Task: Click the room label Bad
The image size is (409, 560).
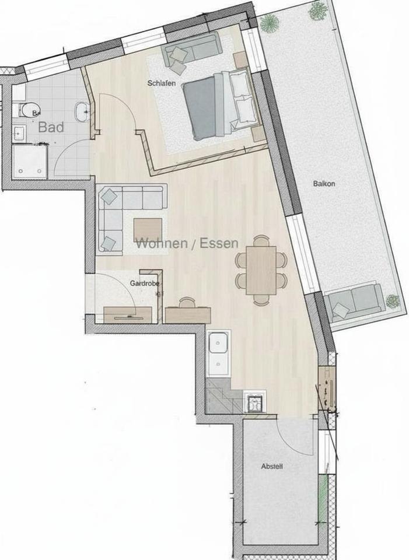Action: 51,127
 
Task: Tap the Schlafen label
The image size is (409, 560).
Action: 162,83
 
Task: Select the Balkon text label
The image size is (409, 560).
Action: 323,183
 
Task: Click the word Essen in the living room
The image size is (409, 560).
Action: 219,244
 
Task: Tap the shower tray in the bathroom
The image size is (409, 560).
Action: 29,160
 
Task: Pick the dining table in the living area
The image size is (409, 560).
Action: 261,270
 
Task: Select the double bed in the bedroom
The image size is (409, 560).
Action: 219,106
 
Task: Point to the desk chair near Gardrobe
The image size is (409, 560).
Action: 187,303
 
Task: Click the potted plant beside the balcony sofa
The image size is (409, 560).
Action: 393,301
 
